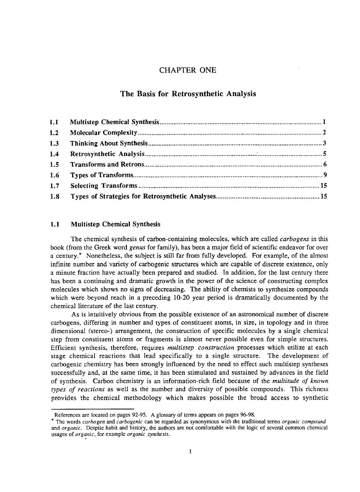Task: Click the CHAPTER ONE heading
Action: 188,70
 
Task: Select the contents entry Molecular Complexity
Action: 104,133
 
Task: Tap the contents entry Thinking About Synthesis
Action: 110,143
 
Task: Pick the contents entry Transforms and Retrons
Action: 107,165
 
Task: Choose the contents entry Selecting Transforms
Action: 104,186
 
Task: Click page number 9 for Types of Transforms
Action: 325,175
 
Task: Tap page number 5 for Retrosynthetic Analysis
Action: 325,154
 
